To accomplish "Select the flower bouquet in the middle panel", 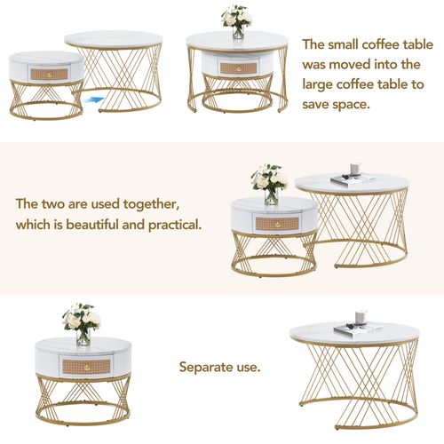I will [268, 181].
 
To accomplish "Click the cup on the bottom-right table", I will [361, 316].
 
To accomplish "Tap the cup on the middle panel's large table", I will [354, 169].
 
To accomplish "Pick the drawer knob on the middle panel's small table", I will [270, 221].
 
